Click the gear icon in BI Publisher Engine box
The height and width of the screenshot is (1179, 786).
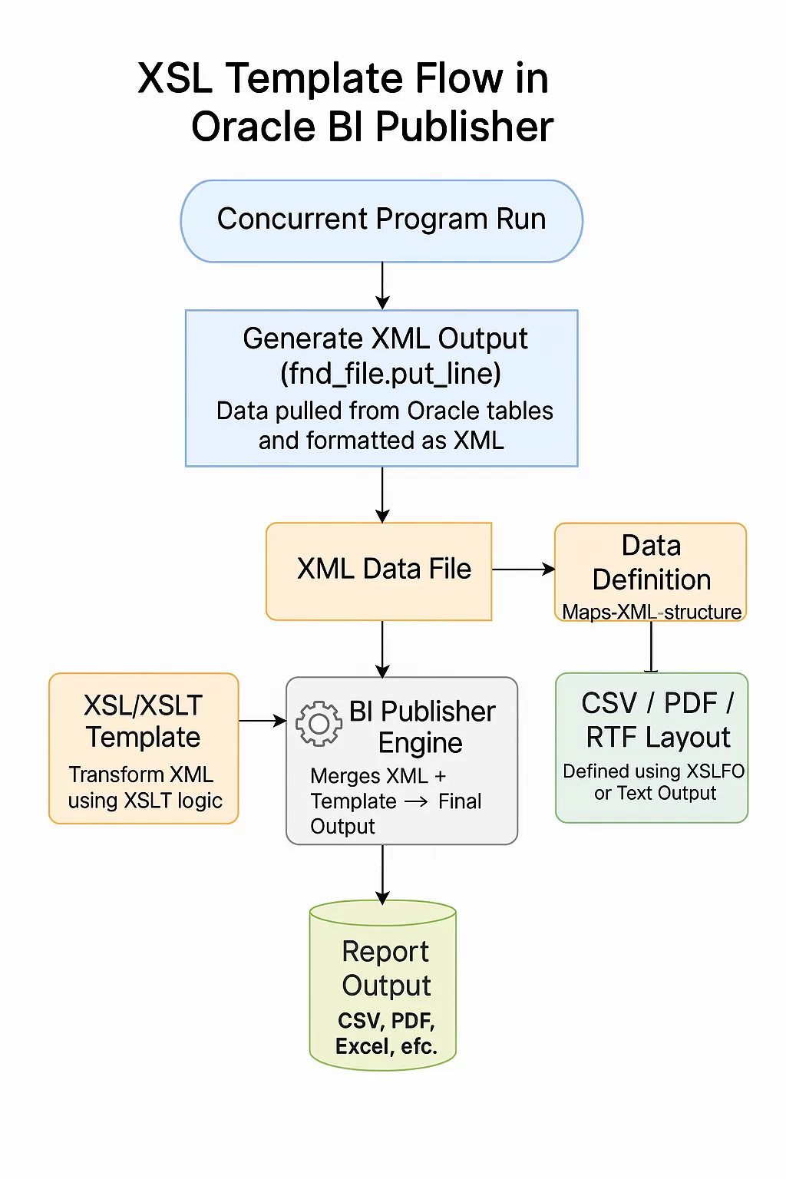click(319, 723)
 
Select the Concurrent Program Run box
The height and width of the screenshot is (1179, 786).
click(381, 220)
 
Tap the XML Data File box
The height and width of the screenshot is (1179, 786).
click(379, 570)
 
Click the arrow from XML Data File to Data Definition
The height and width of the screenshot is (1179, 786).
click(523, 570)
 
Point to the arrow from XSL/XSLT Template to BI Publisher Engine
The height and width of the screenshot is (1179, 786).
click(262, 721)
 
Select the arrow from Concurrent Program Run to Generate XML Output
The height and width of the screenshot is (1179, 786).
click(382, 286)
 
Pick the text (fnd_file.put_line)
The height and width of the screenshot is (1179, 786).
click(390, 374)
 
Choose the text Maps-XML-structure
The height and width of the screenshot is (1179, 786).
click(652, 612)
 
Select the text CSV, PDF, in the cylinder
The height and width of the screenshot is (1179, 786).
click(386, 1021)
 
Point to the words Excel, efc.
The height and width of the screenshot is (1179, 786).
click(386, 1046)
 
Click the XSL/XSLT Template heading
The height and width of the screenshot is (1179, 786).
click(144, 721)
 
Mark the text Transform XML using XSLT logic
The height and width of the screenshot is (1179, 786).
click(144, 788)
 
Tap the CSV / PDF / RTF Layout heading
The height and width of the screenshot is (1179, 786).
click(658, 720)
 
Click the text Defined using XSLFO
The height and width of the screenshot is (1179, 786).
click(653, 771)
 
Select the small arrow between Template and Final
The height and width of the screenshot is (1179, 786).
click(416, 802)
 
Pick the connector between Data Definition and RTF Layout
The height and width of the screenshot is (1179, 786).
click(651, 646)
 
